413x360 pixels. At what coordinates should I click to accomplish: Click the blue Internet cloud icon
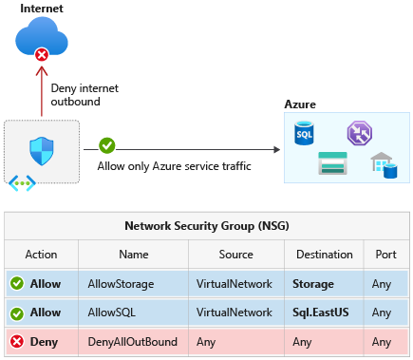click(42, 41)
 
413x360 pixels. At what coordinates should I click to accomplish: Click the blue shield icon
click(41, 146)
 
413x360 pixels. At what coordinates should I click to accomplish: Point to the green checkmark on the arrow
click(107, 146)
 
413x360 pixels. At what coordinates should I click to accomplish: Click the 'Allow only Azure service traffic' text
click(174, 166)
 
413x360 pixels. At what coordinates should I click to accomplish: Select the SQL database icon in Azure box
click(305, 132)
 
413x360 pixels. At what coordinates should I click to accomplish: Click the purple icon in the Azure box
click(359, 133)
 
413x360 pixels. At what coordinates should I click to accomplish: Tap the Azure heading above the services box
click(300, 104)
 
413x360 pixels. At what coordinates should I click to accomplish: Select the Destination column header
click(324, 255)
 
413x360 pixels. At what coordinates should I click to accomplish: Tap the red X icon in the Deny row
click(17, 341)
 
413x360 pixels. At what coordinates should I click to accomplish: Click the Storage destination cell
click(313, 284)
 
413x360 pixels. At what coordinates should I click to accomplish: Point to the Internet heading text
click(41, 9)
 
